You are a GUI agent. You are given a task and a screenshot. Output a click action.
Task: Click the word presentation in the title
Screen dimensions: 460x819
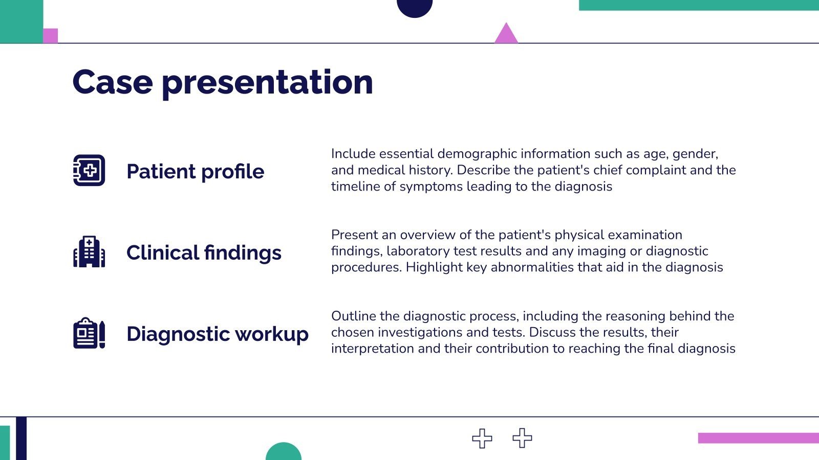[267, 83]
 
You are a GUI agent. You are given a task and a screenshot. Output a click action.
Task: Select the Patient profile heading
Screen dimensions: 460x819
[195, 172]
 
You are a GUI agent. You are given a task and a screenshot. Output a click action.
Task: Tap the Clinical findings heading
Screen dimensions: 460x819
[204, 253]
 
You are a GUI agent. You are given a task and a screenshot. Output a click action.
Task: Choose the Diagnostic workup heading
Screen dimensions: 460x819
[218, 334]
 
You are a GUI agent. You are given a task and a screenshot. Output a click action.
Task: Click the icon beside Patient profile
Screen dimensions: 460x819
[89, 170]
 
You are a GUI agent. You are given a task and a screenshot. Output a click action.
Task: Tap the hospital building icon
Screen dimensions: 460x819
[89, 251]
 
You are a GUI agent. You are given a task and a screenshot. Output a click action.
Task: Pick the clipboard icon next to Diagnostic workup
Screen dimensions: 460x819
[89, 333]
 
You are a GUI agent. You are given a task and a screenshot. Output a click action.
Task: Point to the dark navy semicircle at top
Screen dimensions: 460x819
[415, 7]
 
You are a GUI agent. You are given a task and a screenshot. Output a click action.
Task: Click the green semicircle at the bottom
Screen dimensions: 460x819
[284, 452]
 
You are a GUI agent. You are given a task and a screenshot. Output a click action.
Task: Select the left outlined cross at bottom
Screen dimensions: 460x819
[482, 438]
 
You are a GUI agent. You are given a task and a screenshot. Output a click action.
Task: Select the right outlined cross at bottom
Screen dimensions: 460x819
[522, 438]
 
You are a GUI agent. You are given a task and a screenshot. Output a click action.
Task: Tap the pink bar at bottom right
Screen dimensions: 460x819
[758, 438]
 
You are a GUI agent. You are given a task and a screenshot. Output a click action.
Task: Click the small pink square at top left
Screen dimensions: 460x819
[50, 36]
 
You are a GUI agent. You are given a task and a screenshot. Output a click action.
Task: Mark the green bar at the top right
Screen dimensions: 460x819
[699, 5]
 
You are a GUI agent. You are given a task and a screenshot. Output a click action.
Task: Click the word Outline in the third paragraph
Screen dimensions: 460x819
[353, 316]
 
